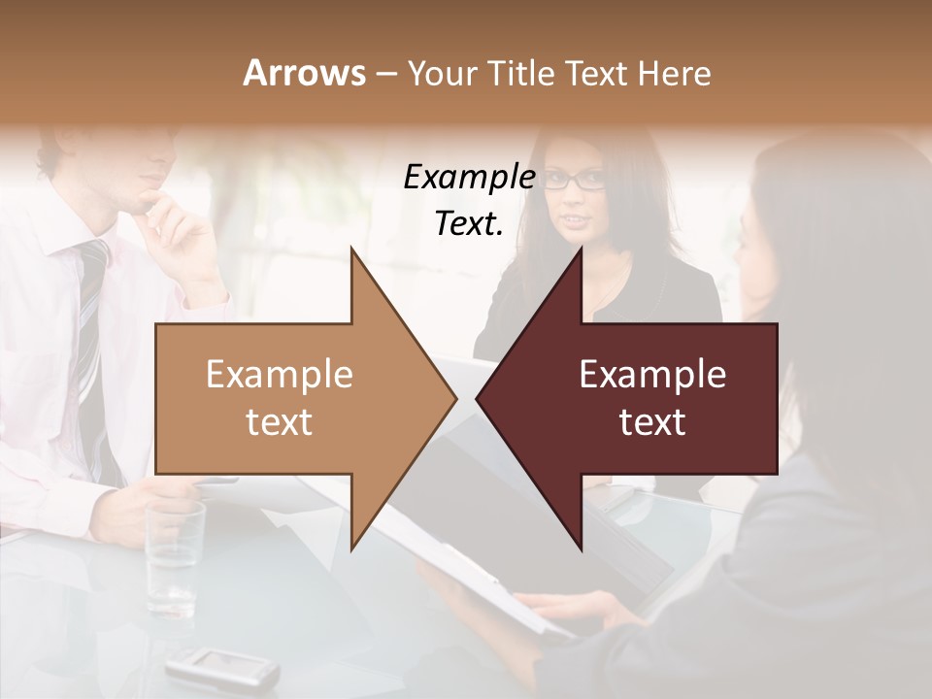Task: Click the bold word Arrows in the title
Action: [x=304, y=73]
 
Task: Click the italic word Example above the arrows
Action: [x=469, y=178]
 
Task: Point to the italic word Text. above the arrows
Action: [x=469, y=223]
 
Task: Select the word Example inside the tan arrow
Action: [x=280, y=375]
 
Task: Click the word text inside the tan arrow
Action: [x=280, y=422]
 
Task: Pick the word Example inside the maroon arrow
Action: [x=652, y=375]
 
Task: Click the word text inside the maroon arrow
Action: [x=652, y=422]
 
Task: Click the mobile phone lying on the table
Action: [x=221, y=668]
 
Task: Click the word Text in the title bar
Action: [x=597, y=73]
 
